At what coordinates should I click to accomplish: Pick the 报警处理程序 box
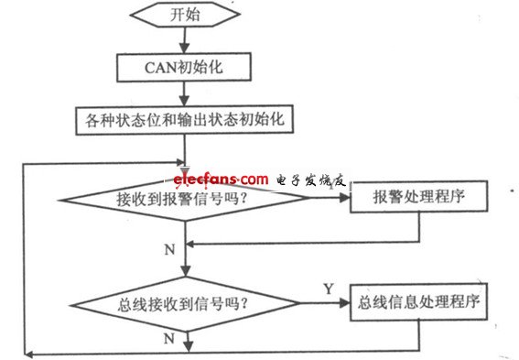coord(417,198)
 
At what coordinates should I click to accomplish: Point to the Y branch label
coord(327,289)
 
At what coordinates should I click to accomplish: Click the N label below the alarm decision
coord(168,249)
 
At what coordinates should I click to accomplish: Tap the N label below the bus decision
coord(168,338)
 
